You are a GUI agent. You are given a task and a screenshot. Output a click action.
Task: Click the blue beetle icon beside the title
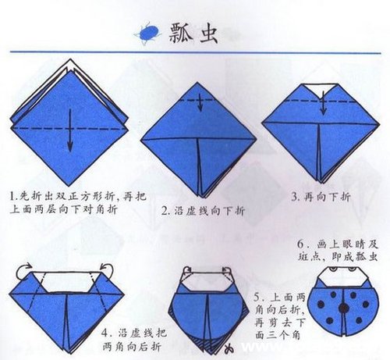(x=147, y=34)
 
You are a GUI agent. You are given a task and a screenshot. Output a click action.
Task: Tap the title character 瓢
(x=182, y=33)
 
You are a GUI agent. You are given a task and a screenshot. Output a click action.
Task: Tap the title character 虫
(x=208, y=33)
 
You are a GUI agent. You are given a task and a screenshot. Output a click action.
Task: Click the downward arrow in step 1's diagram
(x=69, y=130)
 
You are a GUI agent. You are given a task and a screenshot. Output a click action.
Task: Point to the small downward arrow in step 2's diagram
(x=200, y=102)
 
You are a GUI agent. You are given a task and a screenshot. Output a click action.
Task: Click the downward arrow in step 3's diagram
(x=323, y=103)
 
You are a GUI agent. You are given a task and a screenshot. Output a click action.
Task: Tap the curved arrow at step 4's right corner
(x=107, y=271)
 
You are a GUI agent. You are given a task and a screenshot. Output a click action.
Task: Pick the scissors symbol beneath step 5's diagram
(x=229, y=348)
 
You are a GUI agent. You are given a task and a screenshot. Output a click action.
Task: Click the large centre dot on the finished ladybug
(x=344, y=308)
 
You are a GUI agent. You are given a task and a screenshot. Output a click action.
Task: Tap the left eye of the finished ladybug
(x=332, y=269)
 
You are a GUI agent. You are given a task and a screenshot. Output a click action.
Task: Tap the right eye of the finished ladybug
(x=353, y=269)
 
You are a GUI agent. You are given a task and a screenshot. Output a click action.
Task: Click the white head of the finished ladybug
(x=342, y=277)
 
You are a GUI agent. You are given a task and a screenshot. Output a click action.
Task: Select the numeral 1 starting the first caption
(x=12, y=196)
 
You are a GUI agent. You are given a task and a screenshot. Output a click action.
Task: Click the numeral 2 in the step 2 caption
(x=165, y=210)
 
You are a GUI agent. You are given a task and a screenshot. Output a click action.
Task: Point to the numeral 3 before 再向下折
(x=294, y=197)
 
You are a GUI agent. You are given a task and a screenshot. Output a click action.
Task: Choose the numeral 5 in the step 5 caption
(x=257, y=297)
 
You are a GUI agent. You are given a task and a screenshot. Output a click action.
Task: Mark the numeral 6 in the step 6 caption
(x=301, y=244)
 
